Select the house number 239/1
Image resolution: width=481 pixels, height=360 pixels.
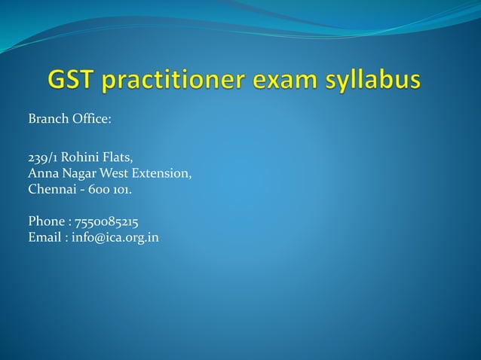[x=42, y=158]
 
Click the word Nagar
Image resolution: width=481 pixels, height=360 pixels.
[x=78, y=174]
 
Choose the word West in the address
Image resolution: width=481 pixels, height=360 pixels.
[x=115, y=174]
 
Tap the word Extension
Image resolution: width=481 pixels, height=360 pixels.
[x=163, y=174]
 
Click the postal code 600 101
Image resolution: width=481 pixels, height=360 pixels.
[x=111, y=190]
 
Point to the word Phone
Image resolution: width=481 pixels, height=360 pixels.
[x=45, y=221]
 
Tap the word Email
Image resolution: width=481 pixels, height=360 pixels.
[x=44, y=237]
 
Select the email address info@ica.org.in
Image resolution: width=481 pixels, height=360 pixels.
[x=115, y=237]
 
